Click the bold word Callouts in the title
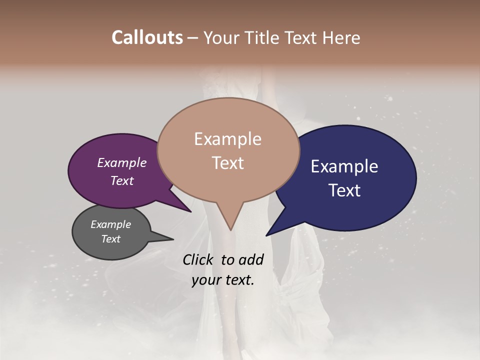click(147, 37)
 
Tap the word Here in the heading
click(339, 37)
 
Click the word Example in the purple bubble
click(121, 162)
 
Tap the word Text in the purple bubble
click(121, 180)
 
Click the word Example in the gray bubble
click(110, 224)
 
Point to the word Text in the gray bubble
click(110, 239)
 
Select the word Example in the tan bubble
click(227, 138)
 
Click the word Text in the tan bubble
click(227, 163)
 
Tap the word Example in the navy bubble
click(344, 166)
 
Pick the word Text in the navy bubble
click(344, 190)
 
